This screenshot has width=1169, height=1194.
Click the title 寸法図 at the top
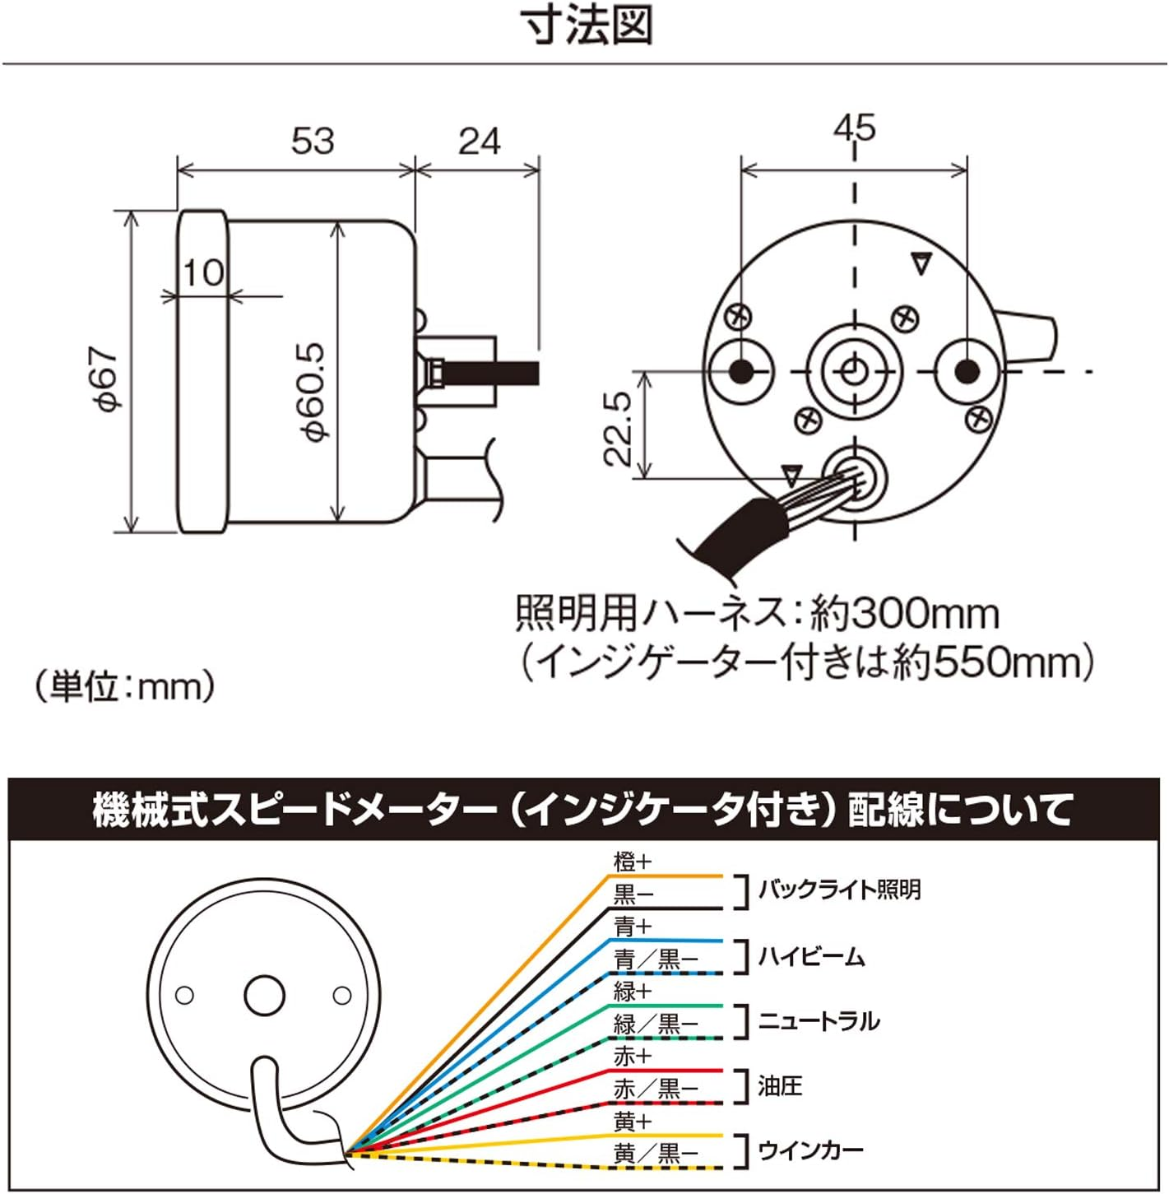589,27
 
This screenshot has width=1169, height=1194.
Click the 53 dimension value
313,141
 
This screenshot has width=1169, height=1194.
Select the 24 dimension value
479,141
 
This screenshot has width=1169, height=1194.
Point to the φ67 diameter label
108,378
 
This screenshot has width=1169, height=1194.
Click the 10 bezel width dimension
202,272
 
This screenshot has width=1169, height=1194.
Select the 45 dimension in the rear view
855,128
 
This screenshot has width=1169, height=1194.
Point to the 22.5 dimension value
618,428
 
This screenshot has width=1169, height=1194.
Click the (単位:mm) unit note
125,685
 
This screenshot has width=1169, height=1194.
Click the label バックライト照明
839,890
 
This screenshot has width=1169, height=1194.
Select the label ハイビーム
811,956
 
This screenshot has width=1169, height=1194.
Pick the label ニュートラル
819,1021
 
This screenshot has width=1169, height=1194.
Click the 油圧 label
779,1086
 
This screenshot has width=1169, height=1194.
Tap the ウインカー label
811,1150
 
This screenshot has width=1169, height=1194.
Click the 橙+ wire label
632,862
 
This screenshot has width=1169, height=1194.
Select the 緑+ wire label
632,992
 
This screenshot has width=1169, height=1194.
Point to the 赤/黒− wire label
656,1089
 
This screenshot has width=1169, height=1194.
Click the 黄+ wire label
632,1121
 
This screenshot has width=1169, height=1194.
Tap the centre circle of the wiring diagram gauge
264,996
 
